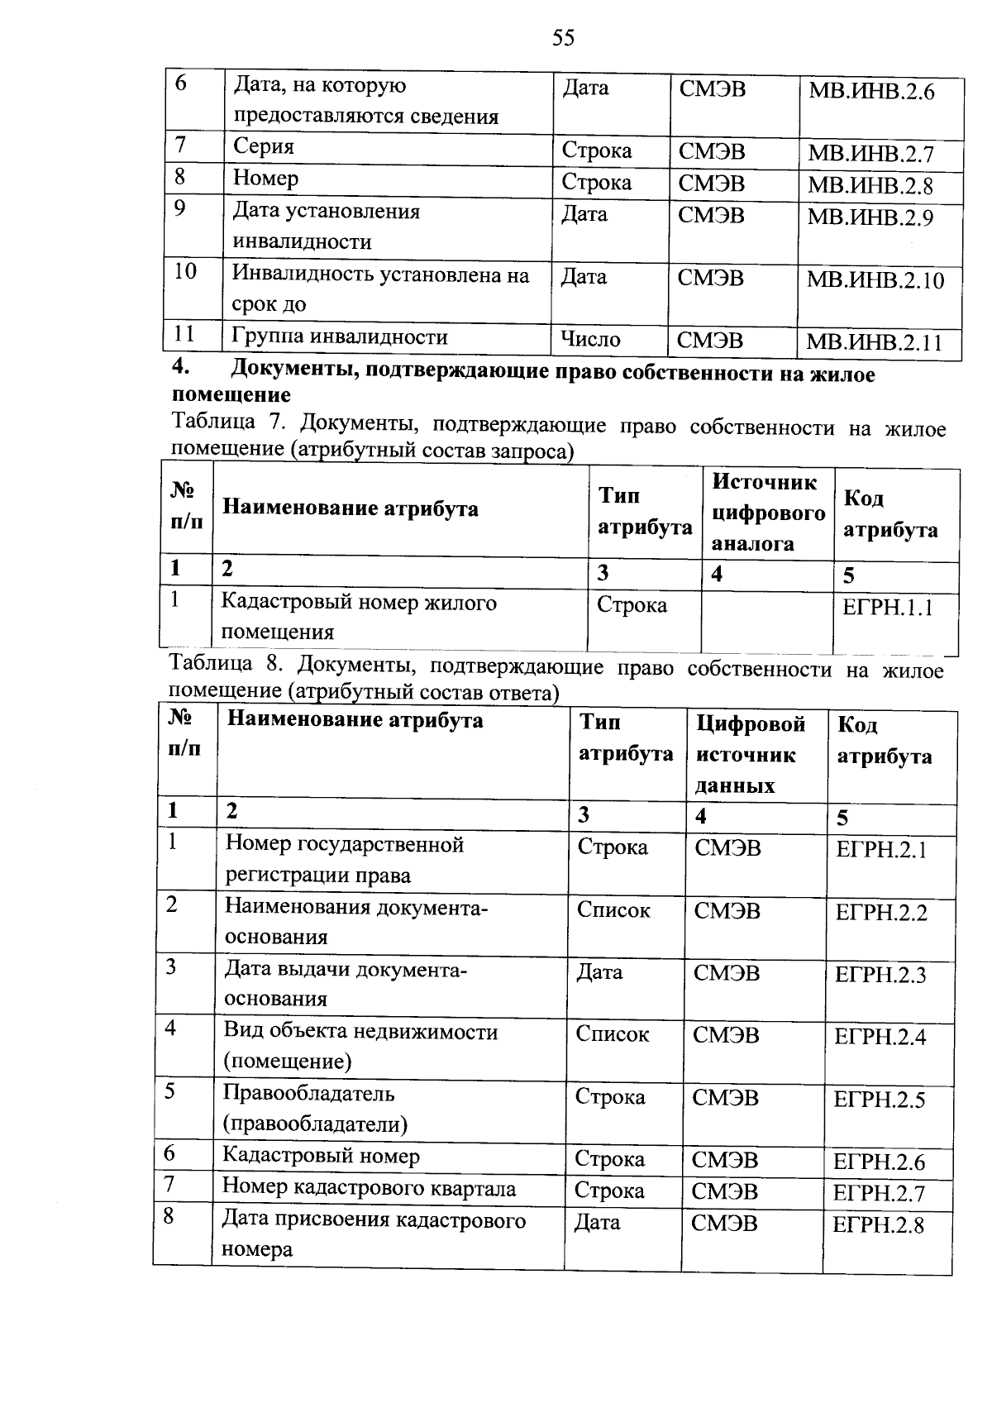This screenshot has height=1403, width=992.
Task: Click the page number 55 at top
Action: click(x=563, y=38)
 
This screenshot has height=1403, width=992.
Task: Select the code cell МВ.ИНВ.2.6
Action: click(x=870, y=93)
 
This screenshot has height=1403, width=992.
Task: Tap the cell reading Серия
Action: click(x=264, y=147)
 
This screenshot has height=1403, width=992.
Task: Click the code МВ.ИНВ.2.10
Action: click(x=875, y=280)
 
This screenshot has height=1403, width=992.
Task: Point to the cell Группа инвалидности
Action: click(x=340, y=337)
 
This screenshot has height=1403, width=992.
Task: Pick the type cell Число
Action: click(x=590, y=339)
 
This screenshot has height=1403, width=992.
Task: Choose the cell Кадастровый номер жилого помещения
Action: click(x=358, y=617)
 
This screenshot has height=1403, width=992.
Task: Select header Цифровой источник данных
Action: click(x=750, y=754)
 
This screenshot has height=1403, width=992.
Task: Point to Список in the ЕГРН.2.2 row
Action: click(x=613, y=910)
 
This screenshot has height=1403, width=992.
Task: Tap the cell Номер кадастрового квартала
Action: click(x=369, y=1189)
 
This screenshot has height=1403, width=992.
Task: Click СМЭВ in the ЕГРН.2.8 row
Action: click(x=723, y=1223)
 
